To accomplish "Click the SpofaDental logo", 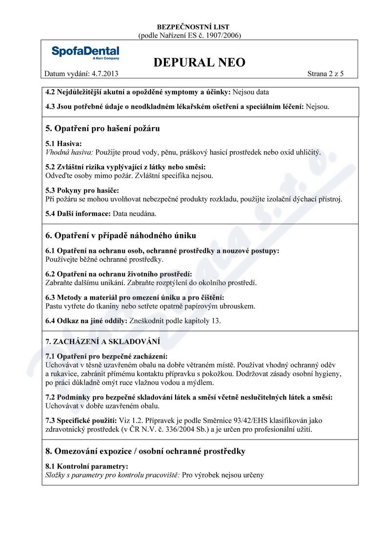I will (x=85, y=53).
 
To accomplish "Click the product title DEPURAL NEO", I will (x=199, y=62).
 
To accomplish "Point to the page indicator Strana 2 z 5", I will (x=326, y=74).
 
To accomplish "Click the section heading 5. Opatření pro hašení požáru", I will (x=102, y=129).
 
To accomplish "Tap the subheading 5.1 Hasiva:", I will (x=63, y=144).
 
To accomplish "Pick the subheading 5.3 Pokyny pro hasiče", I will (x=82, y=190).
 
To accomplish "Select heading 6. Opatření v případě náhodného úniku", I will (x=120, y=236).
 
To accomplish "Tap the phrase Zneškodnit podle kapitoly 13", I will (x=175, y=321).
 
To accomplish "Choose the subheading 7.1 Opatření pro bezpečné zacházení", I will (x=106, y=356).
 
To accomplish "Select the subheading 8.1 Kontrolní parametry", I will (x=87, y=466).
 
